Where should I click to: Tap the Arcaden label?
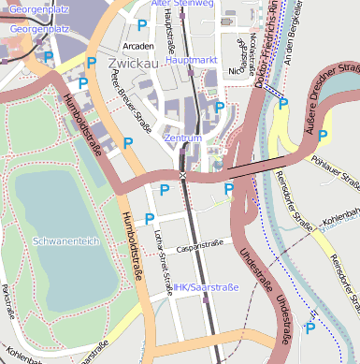[x=138, y=45]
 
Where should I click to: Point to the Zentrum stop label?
[x=182, y=138]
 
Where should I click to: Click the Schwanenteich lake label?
[x=65, y=240]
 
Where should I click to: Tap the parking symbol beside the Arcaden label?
[x=142, y=25]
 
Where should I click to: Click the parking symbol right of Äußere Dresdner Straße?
[x=323, y=136]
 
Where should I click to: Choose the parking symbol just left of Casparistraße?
[x=150, y=219]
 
